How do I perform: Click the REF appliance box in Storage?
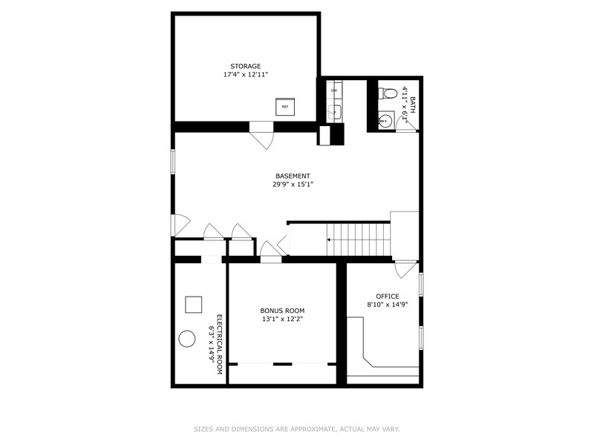[285, 106]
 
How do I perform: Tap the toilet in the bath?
[385, 94]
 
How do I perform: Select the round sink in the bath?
[385, 121]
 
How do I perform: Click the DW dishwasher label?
[334, 90]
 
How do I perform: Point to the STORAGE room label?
[245, 66]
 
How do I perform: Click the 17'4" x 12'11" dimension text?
[245, 75]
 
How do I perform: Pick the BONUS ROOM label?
[282, 311]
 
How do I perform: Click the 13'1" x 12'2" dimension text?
[282, 320]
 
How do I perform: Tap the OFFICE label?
[388, 296]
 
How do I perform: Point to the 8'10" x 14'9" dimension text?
[388, 304]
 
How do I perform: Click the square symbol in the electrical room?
[194, 304]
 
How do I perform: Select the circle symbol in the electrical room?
[186, 340]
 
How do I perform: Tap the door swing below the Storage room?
[262, 138]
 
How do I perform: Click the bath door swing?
[406, 124]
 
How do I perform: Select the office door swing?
[405, 268]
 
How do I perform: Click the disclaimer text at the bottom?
[296, 429]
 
